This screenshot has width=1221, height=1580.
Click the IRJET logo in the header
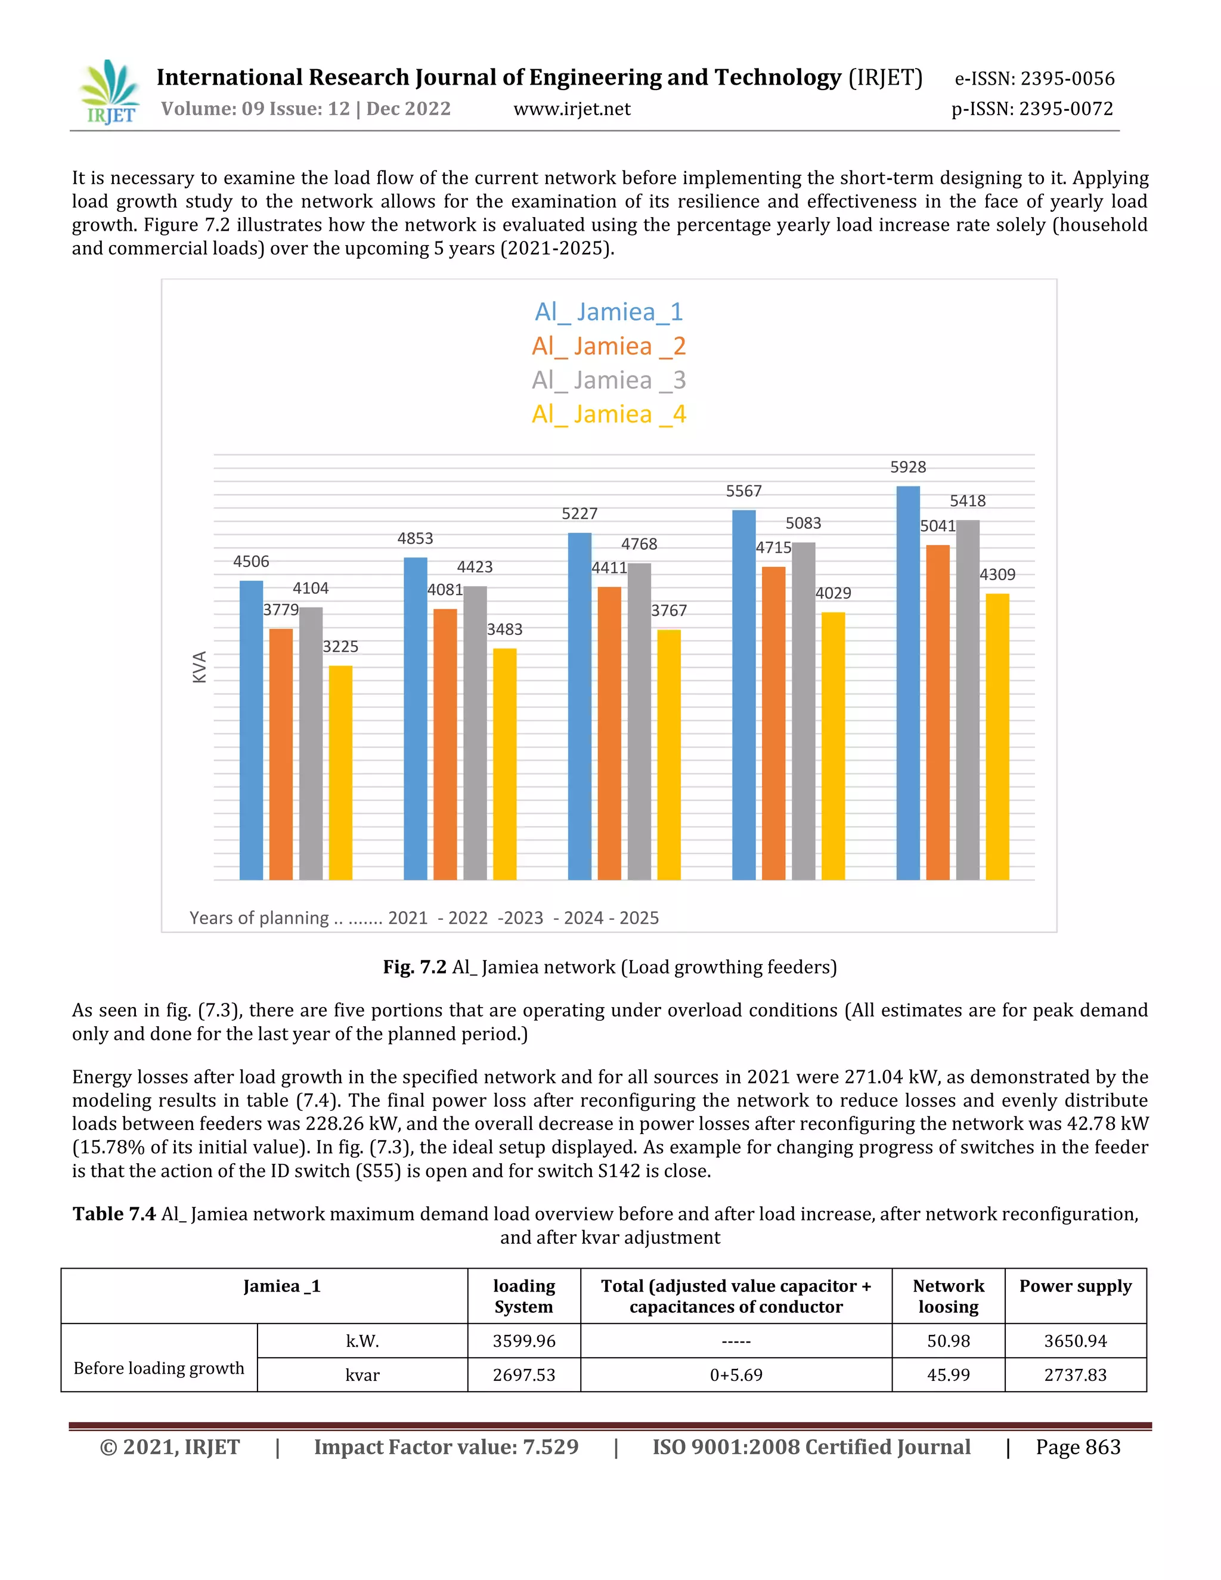(110, 92)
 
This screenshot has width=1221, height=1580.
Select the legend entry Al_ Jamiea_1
(609, 312)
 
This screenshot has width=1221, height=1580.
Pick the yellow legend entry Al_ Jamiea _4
(609, 414)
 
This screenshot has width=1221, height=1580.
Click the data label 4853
(415, 539)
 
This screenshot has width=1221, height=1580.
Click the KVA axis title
(200, 667)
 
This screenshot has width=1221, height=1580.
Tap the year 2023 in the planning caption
(522, 918)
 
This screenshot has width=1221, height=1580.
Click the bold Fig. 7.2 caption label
(414, 967)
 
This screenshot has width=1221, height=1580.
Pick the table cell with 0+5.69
(736, 1374)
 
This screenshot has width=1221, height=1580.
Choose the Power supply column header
(1075, 1286)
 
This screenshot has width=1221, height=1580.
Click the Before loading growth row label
(159, 1368)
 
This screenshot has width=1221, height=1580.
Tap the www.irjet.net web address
(571, 109)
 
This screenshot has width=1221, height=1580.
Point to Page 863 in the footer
(1078, 1447)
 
